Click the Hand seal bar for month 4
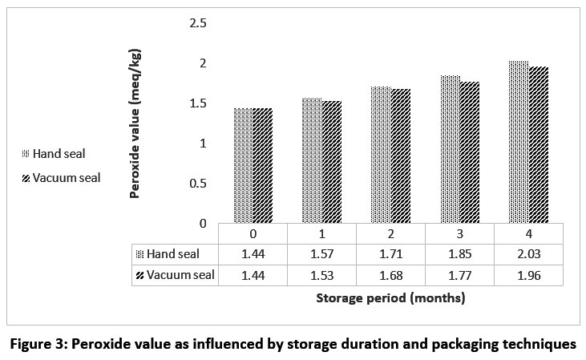click(x=519, y=142)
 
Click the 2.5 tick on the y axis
click(x=196, y=23)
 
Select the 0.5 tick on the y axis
click(x=196, y=183)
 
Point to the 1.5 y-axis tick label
click(x=196, y=103)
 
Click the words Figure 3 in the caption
click(x=38, y=345)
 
